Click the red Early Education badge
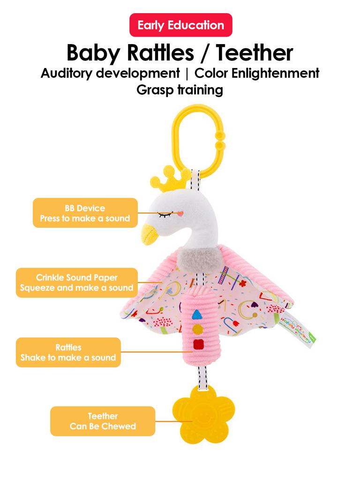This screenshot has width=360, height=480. coord(180,25)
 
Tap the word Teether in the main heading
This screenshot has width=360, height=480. coord(255,52)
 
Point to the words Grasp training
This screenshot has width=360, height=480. coord(180,90)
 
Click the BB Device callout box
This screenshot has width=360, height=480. coord(85,213)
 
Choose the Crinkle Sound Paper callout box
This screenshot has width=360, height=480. coord(77,283)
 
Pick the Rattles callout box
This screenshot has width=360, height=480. coord(68,352)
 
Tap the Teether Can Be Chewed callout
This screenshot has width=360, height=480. coord(103,421)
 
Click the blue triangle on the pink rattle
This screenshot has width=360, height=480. coord(197,314)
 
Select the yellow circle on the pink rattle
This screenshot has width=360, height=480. coord(197,330)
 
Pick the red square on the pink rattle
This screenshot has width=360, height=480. coord(198,345)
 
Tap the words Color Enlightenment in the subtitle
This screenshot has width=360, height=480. coord(257,74)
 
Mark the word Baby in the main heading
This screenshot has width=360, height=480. coord(93,53)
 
